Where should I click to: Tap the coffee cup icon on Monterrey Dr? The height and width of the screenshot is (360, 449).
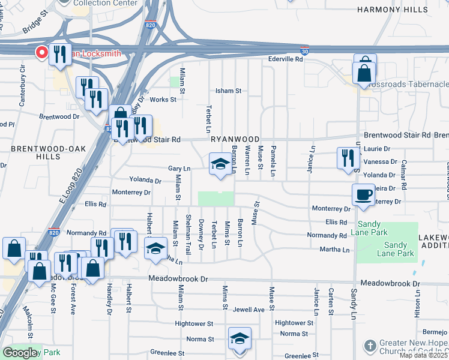pyautogui.click(x=363, y=195)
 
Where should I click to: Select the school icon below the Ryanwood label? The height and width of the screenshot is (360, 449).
pyautogui.click(x=220, y=164)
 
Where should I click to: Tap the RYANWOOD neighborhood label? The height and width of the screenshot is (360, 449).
pyautogui.click(x=235, y=139)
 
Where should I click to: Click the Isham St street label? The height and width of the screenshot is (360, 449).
pyautogui.click(x=228, y=91)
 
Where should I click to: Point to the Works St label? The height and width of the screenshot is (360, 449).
pyautogui.click(x=163, y=100)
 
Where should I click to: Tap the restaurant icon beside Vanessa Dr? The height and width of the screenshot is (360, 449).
pyautogui.click(x=348, y=159)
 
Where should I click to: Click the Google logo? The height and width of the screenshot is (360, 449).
pyautogui.click(x=20, y=353)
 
